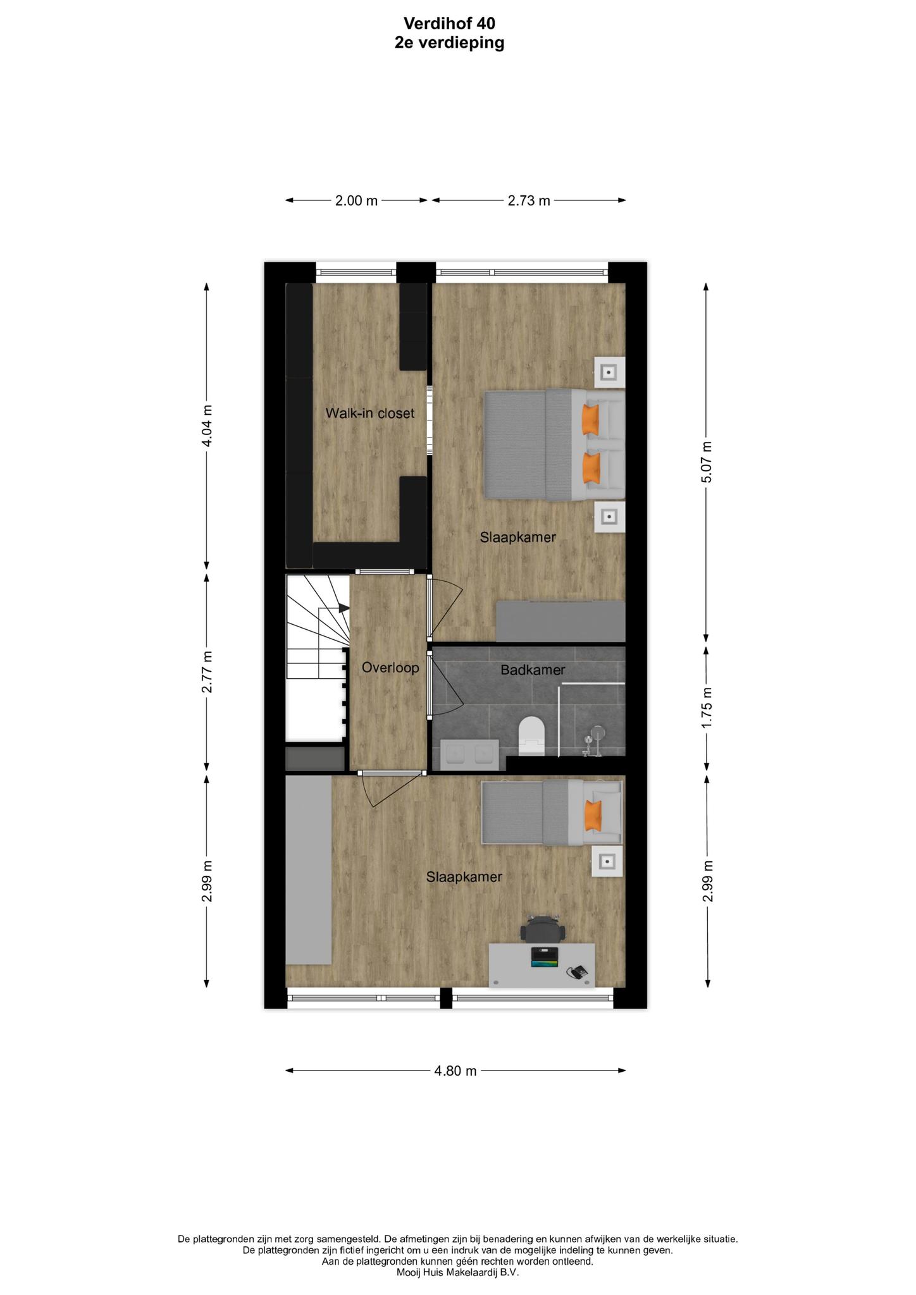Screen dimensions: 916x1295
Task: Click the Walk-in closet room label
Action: (370, 414)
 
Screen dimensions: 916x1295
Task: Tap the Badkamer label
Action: (533, 670)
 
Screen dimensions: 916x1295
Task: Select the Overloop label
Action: (390, 668)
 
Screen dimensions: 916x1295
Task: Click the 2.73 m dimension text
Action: (529, 201)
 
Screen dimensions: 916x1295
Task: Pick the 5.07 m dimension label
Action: (707, 462)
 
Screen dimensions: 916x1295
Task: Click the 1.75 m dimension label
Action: (707, 707)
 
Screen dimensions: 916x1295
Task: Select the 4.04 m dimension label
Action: (207, 426)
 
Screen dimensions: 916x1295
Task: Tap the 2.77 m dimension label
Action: (207, 672)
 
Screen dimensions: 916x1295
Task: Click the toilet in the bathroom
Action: (531, 736)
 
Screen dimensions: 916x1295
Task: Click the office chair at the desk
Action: (542, 930)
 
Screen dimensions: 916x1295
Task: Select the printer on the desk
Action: (545, 957)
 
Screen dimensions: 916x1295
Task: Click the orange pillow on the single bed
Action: (593, 814)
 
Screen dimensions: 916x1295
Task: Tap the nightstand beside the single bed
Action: (607, 861)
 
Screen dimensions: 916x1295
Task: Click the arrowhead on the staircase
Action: (344, 608)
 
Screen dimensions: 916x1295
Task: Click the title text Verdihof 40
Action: (449, 23)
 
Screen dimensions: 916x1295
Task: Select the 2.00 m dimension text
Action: (356, 201)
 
